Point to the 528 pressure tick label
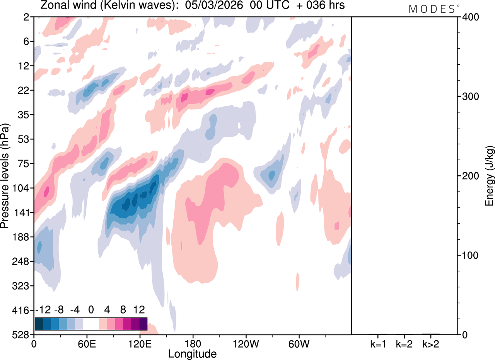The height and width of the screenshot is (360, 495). click(x=24, y=334)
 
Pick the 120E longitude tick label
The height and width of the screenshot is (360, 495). click(x=140, y=343)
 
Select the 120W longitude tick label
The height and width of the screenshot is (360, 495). click(x=246, y=343)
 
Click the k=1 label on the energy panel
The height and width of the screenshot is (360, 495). click(x=377, y=343)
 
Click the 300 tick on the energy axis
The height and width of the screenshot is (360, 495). click(x=469, y=96)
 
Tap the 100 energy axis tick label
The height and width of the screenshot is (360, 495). click(x=469, y=255)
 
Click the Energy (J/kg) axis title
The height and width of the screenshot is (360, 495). click(x=489, y=176)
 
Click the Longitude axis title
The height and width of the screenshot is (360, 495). click(x=192, y=353)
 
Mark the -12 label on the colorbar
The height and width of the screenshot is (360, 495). click(x=43, y=310)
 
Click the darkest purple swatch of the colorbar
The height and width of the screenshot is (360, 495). click(x=143, y=324)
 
